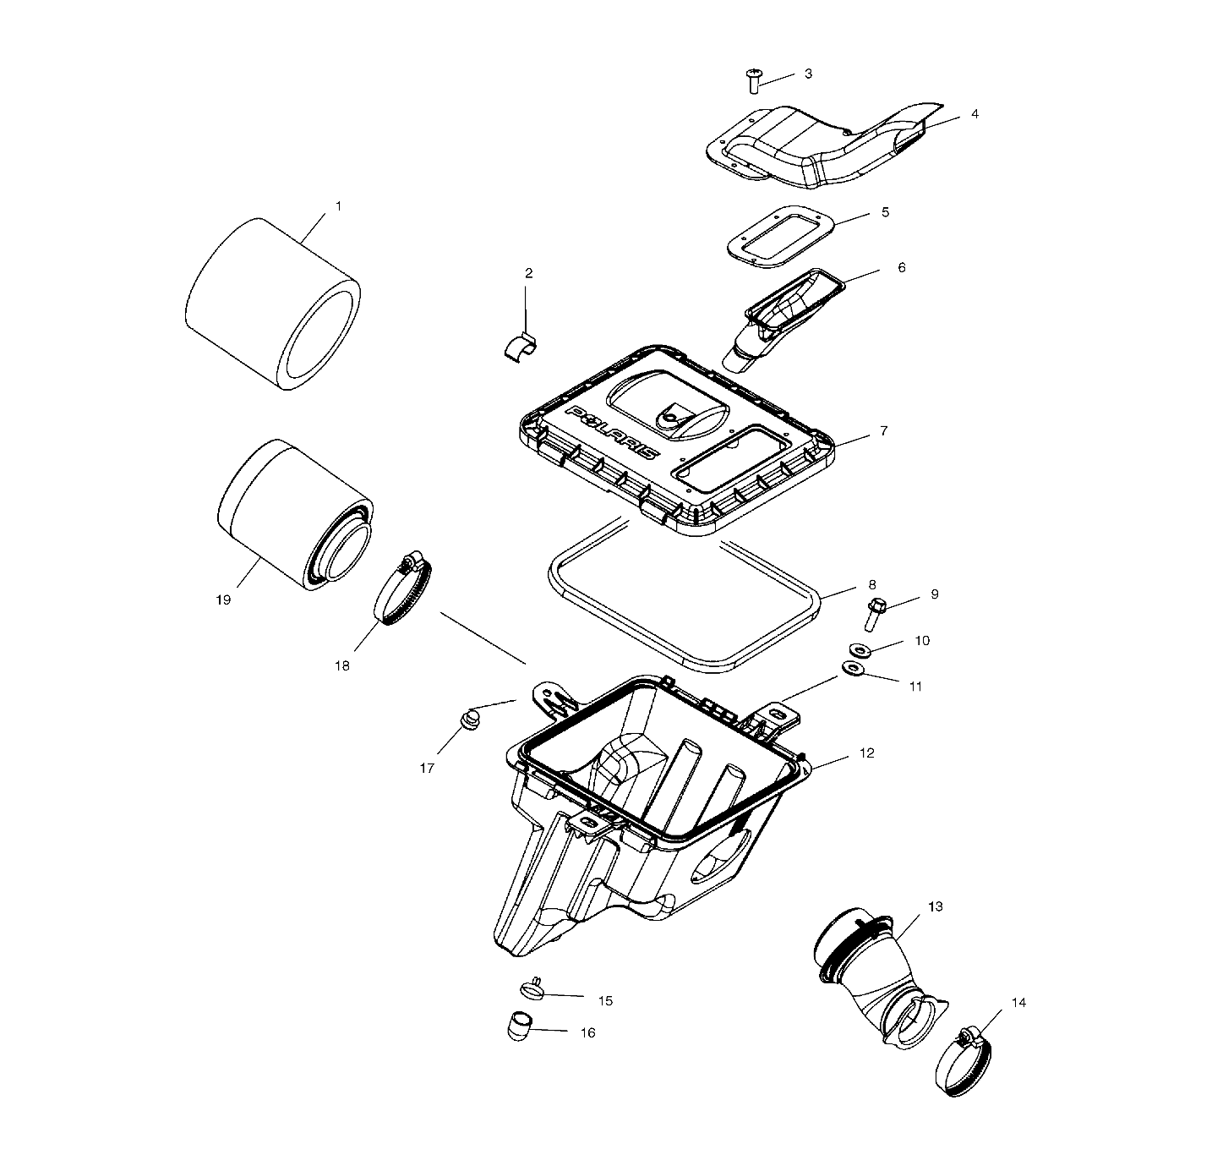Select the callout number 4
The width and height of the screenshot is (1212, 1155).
point(975,113)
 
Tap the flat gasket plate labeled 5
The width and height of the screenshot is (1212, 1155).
point(781,237)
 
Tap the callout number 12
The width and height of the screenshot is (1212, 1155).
point(866,753)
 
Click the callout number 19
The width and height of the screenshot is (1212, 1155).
point(223,599)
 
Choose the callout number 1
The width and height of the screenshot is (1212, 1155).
point(339,205)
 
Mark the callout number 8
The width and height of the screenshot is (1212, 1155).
point(871,584)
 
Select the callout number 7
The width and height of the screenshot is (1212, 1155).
point(883,430)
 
